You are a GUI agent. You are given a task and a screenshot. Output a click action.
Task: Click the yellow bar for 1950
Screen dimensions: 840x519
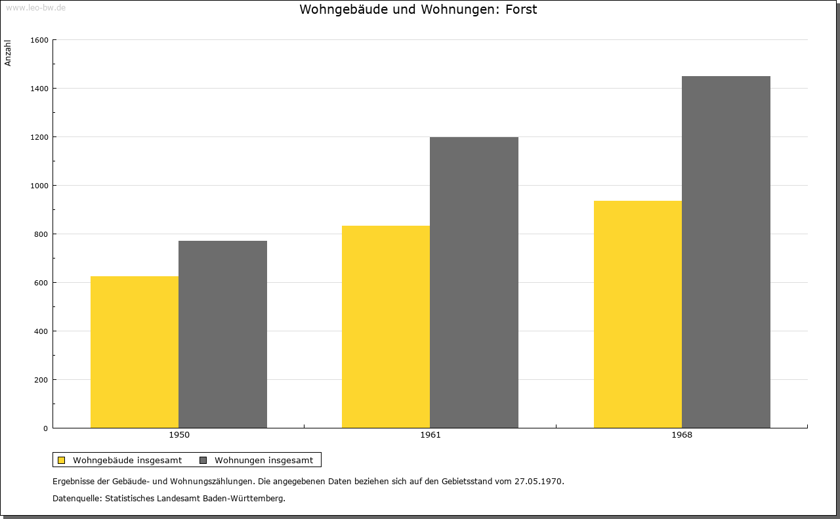135,352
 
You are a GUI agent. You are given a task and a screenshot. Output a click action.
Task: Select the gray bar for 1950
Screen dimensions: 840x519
222,335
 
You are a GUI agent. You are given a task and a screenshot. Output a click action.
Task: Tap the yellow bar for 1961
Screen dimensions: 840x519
386,327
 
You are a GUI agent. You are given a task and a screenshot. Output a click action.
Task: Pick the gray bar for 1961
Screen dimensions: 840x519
474,282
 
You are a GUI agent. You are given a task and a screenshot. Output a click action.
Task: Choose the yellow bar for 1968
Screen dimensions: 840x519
638,314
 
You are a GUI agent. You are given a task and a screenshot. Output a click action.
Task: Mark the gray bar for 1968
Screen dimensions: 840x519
726,252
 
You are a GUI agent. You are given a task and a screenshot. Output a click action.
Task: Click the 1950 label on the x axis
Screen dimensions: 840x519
179,435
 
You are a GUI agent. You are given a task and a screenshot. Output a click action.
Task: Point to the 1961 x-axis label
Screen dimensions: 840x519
430,435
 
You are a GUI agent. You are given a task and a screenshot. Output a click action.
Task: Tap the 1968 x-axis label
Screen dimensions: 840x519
682,435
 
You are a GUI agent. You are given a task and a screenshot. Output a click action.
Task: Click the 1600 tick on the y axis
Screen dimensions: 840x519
39,40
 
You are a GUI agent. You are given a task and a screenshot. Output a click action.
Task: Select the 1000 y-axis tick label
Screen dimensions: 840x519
39,186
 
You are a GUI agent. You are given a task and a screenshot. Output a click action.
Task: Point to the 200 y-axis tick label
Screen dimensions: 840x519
41,380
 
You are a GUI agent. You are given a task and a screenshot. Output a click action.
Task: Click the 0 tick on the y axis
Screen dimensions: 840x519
46,428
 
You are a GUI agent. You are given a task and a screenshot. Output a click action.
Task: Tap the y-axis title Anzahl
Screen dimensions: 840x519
8,53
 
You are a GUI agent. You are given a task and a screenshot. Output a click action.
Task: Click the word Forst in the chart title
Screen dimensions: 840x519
521,9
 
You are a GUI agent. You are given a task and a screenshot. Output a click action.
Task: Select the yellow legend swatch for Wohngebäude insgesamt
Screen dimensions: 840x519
61,460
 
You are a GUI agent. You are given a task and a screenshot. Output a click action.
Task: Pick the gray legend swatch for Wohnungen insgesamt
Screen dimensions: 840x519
203,460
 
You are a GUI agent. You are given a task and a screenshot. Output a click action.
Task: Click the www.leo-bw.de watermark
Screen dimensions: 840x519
35,7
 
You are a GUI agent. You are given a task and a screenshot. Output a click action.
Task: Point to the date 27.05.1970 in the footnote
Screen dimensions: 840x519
539,481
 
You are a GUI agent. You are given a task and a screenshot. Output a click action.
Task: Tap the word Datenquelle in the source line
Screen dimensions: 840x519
77,499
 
